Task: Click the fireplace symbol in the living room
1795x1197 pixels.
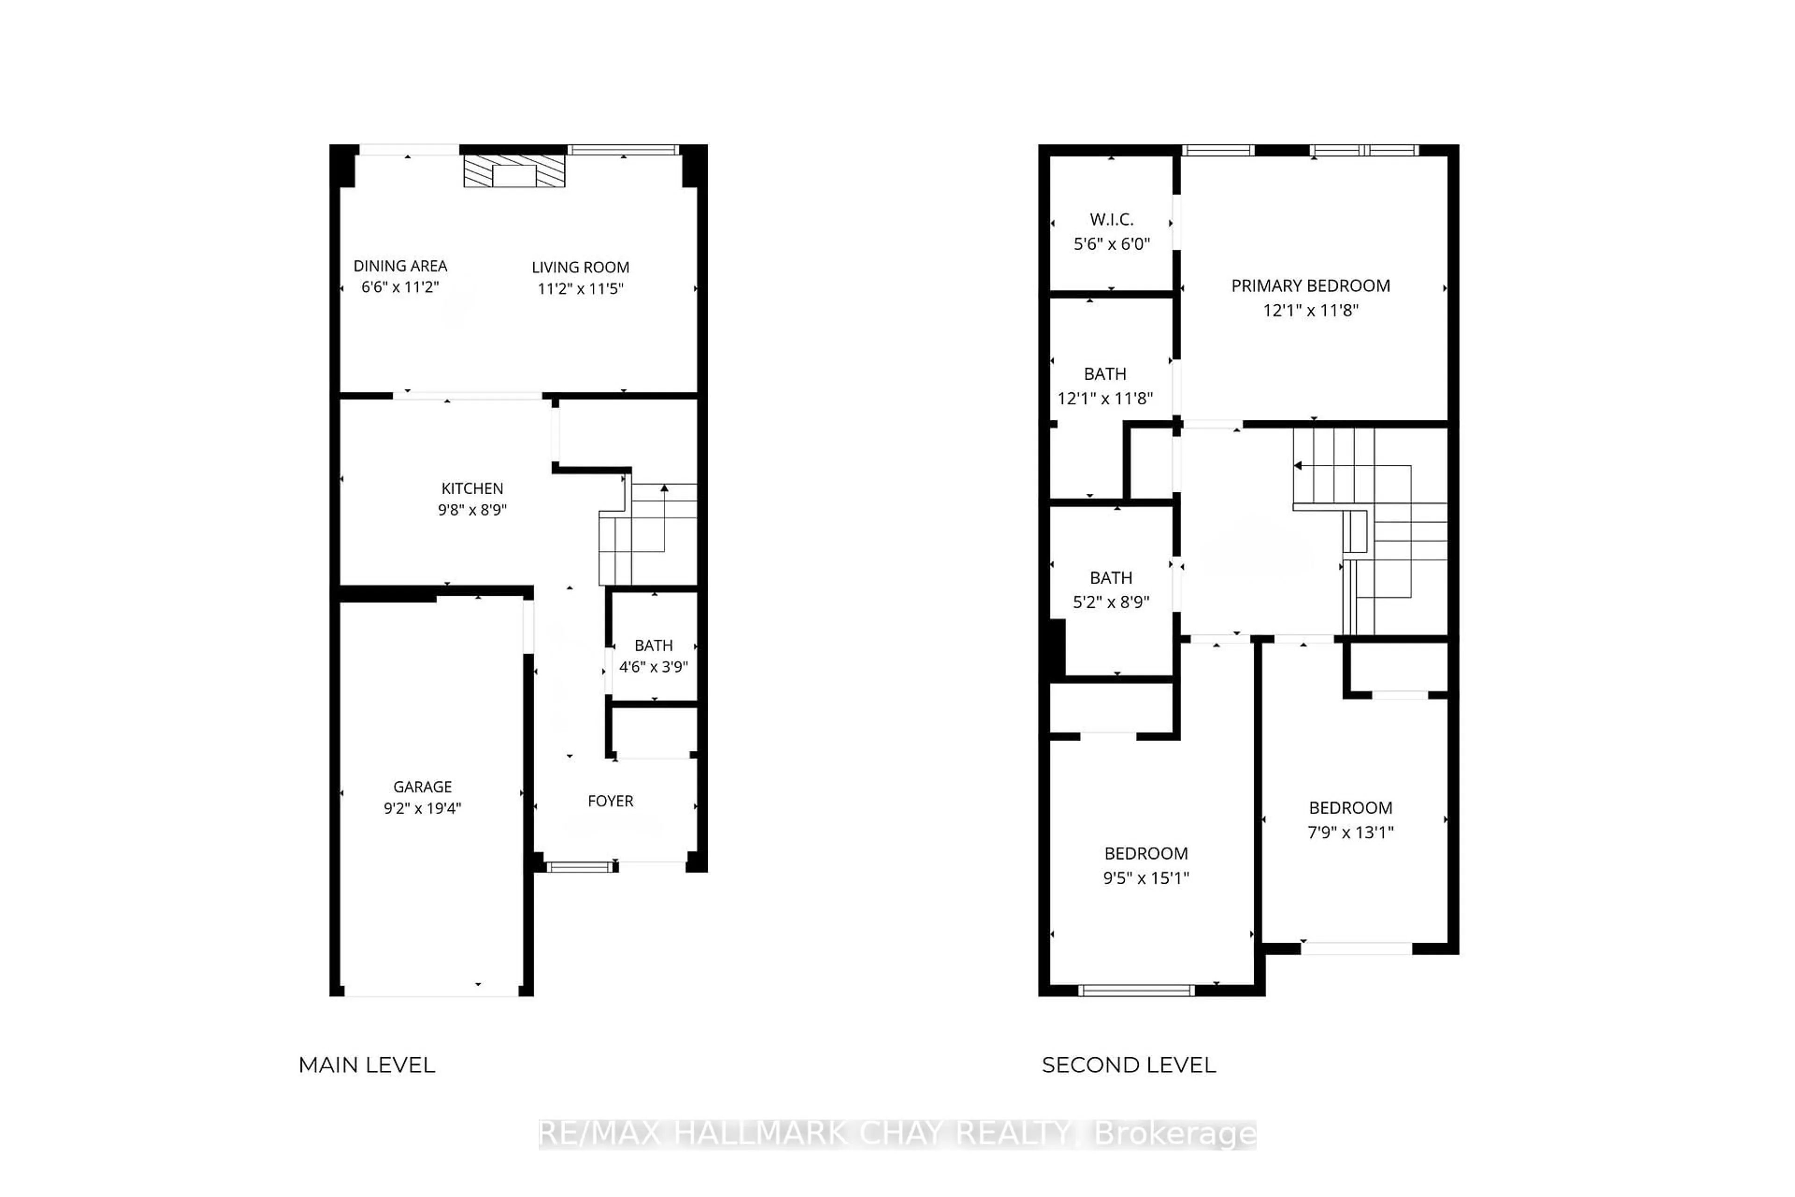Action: pos(514,172)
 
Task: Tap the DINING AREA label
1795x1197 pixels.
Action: pos(400,266)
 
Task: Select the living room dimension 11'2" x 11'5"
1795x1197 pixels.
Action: pos(580,288)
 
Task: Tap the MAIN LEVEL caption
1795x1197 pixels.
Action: pos(366,1065)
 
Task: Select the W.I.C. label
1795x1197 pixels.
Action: pos(1111,220)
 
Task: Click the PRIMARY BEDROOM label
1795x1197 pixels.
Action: pos(1310,286)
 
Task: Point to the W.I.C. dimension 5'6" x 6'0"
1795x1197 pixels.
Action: pos(1111,244)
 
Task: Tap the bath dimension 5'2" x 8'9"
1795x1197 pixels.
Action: pos(1111,602)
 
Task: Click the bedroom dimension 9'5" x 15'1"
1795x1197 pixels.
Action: pos(1146,878)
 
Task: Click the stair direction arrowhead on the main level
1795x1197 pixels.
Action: pos(664,488)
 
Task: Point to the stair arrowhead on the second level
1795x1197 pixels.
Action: pos(1298,465)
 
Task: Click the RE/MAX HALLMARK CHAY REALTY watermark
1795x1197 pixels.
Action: pos(897,1134)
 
